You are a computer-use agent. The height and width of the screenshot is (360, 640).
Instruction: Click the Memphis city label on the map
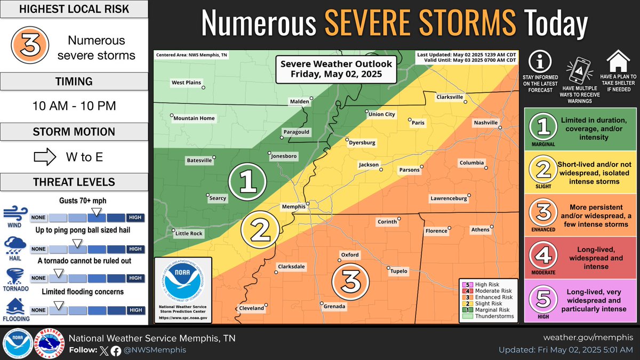click(293, 206)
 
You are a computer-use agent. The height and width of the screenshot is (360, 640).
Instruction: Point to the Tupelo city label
click(398, 271)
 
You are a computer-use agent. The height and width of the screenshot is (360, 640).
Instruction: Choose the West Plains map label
click(185, 83)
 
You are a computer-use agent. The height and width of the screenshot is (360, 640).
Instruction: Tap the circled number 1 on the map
click(247, 182)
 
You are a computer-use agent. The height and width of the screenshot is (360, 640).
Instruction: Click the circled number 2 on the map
click(260, 230)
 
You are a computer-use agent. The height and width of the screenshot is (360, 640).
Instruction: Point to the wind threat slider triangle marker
click(95, 213)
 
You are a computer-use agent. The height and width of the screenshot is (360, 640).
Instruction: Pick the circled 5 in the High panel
click(543, 301)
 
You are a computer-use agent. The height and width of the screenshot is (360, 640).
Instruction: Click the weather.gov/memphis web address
click(588, 338)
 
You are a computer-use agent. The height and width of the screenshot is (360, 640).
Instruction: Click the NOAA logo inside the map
click(182, 286)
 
